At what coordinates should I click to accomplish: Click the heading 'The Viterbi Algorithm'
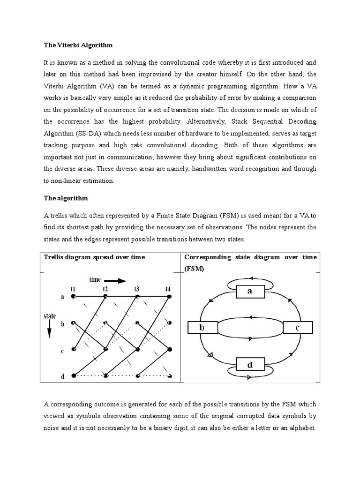(x=78, y=45)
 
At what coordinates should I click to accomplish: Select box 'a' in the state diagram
(x=249, y=292)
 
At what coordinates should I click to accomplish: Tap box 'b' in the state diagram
(x=202, y=328)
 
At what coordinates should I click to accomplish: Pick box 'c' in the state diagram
(x=297, y=328)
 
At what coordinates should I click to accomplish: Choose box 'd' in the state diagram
(x=249, y=364)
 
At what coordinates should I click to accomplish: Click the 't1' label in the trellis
(x=74, y=289)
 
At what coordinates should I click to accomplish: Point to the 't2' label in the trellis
(x=105, y=289)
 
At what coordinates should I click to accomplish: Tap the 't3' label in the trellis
(x=136, y=289)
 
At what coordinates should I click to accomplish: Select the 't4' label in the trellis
(x=168, y=289)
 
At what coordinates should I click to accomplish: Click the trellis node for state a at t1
(x=74, y=297)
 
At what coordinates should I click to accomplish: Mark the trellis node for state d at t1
(x=74, y=375)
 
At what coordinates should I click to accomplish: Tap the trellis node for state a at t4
(x=169, y=297)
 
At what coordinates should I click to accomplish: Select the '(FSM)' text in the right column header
(x=194, y=270)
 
